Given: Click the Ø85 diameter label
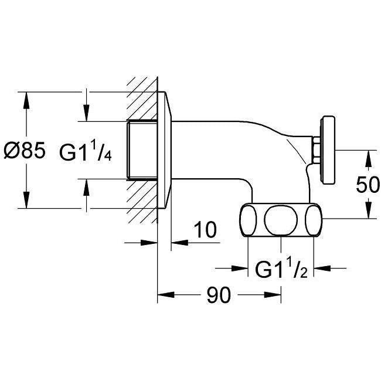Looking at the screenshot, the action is point(25,150).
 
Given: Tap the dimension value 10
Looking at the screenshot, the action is point(205,230).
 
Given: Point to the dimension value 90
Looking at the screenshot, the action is point(219,295).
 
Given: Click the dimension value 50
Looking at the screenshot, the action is point(368,185).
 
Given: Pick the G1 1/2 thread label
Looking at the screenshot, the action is point(281,268).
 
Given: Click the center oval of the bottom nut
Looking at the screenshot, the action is point(281,220).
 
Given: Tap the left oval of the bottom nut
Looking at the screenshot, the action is point(248,220).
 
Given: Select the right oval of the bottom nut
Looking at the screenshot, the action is point(314,220).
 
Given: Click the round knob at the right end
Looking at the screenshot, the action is point(328,151).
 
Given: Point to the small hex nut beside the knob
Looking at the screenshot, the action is point(317,150).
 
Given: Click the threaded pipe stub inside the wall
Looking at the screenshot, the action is point(142,150).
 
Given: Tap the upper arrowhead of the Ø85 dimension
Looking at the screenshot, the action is point(26,100).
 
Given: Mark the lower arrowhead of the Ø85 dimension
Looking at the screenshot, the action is point(26,200).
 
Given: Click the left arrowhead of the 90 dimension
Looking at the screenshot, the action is point(166,295).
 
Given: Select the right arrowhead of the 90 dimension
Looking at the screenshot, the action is point(273,295).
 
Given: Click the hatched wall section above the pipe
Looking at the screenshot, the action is point(142,98).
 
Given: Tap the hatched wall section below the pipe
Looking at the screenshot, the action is point(142,202).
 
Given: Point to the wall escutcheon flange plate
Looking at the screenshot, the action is point(164,150).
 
